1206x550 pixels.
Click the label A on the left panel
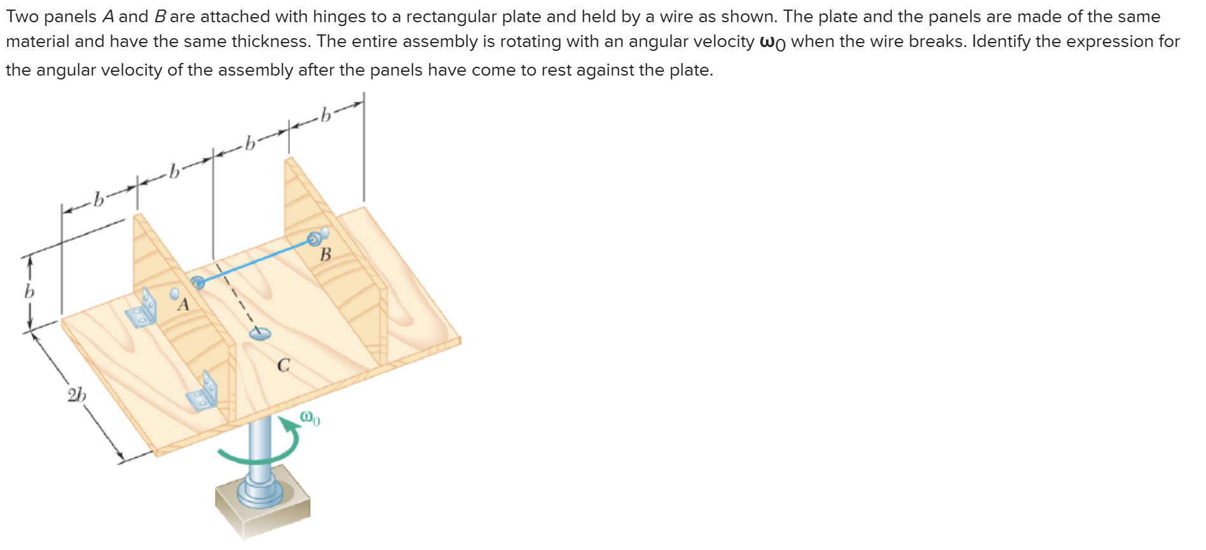point(184,305)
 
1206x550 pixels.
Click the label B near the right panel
point(325,255)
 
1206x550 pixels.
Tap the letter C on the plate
point(284,366)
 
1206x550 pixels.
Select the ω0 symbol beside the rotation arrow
point(310,418)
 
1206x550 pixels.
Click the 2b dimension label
point(77,395)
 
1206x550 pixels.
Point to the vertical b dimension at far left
point(29,292)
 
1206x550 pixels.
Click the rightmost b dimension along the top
point(326,115)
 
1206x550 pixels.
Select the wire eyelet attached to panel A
point(198,282)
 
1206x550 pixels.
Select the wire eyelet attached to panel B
point(314,239)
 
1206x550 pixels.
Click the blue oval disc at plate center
point(260,333)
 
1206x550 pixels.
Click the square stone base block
point(263,509)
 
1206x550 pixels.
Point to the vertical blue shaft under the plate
point(259,445)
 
